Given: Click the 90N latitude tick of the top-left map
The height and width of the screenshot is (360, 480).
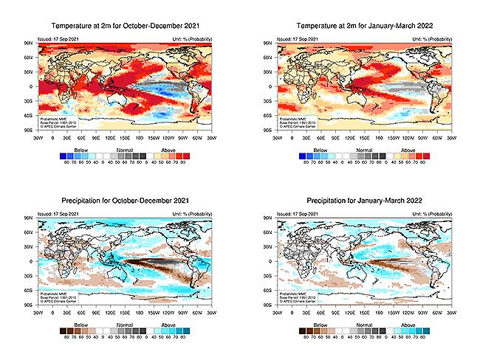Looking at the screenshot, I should [30, 44].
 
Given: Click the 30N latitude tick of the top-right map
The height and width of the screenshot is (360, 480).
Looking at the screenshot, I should [272, 72].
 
